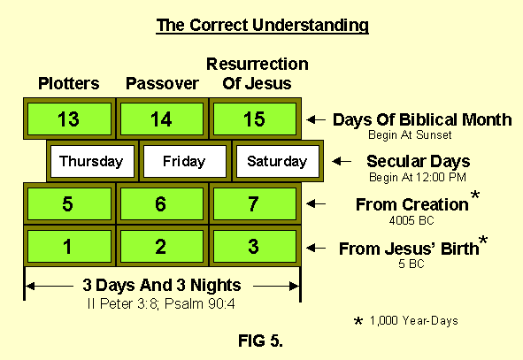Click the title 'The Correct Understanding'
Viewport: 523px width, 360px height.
coord(262,25)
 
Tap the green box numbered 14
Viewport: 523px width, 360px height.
coord(161,119)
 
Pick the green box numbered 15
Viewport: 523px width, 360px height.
coord(254,119)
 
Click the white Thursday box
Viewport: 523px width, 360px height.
coord(92,161)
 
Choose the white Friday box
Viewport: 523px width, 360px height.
coord(185,161)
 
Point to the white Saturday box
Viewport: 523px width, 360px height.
coord(277,161)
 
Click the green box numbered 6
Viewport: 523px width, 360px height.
coord(161,203)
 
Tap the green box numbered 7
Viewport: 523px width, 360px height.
coord(254,203)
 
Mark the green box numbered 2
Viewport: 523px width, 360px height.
coord(161,247)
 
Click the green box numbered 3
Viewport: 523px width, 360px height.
coord(254,247)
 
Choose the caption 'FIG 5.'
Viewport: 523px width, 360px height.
coord(262,337)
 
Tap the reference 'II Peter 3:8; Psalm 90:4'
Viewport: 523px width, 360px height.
coord(161,303)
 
